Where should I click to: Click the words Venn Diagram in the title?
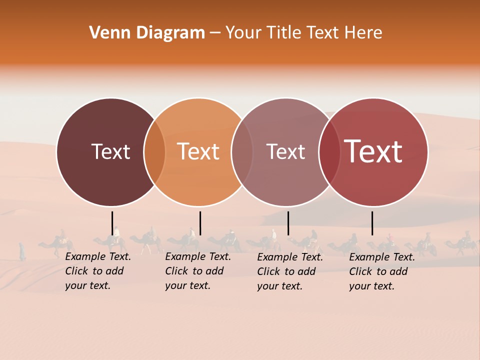pos(147,33)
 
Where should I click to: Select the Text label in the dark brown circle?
pos(110,152)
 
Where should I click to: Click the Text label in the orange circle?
pos(198,152)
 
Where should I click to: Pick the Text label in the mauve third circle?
pos(285,152)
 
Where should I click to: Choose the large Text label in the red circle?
pos(373,151)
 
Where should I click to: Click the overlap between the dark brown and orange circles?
pos(154,152)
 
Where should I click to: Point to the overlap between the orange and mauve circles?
pos(242,152)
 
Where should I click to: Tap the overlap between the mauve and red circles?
pos(329,152)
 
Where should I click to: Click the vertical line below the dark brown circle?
pos(112,223)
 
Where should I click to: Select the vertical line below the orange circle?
pos(200,223)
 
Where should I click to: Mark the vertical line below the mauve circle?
pos(288,223)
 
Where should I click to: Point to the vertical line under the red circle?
pos(372,223)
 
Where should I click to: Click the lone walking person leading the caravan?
pos(22,251)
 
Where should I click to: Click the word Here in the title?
pos(363,33)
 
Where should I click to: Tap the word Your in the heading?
pos(243,33)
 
